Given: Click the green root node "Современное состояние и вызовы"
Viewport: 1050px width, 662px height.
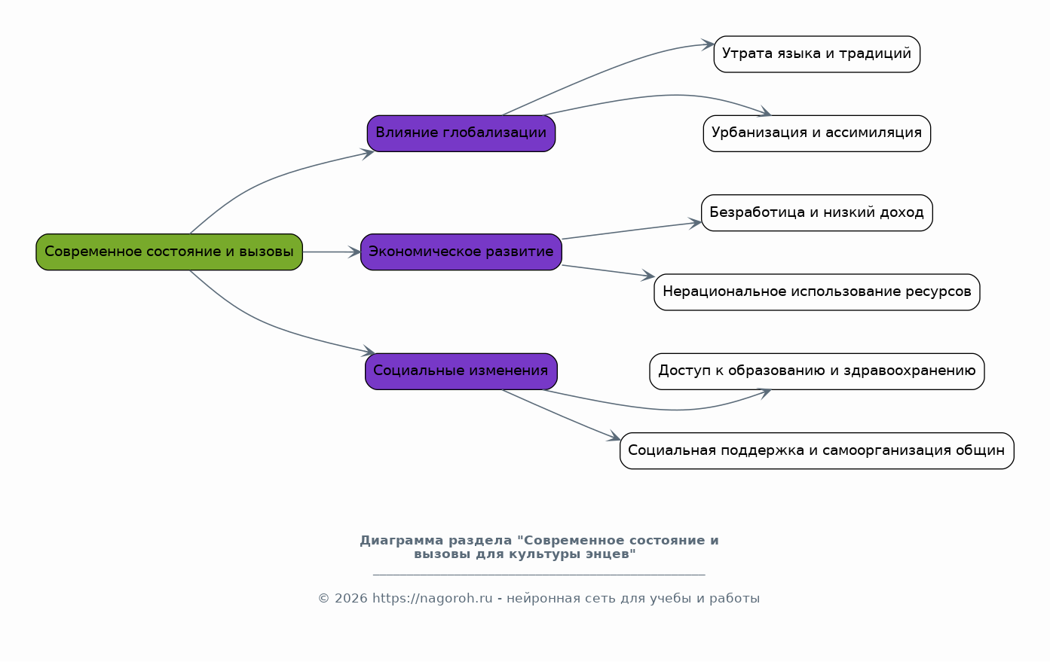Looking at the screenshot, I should (169, 252).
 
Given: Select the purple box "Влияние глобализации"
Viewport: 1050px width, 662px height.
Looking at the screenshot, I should (461, 133).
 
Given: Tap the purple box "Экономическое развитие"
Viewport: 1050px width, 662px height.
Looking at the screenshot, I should (461, 252).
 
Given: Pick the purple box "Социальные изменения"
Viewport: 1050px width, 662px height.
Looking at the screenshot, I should (461, 371).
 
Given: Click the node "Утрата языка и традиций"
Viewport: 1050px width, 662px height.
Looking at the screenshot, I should (816, 53).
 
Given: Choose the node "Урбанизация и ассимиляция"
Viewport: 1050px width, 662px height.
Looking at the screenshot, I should (816, 133).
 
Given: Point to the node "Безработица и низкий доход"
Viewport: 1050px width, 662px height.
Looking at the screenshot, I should (816, 212).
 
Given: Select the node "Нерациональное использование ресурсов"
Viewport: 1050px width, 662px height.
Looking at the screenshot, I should (816, 291).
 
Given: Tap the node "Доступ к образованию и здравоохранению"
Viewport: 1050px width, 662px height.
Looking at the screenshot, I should (816, 371).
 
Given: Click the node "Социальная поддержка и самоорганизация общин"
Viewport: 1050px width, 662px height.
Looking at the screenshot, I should (816, 450).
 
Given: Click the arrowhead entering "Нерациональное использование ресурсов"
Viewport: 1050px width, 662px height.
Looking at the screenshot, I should (648, 277).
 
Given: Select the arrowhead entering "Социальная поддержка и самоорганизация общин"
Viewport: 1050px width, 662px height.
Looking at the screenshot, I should (615, 438).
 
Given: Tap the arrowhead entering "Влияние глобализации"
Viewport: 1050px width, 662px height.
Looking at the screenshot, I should (369, 153).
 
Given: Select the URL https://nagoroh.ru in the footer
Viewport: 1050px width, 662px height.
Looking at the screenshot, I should (432, 599).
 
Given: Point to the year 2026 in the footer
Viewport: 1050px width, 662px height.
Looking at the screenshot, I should (351, 599).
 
